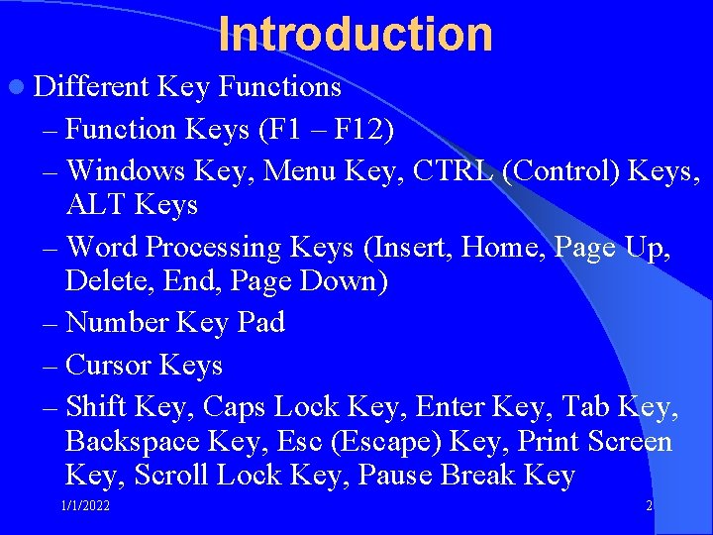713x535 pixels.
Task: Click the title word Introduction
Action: point(356,34)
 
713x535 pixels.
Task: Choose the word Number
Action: point(118,322)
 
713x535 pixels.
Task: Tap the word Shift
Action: point(95,406)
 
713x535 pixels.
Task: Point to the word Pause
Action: point(396,476)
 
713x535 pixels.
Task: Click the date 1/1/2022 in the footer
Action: point(84,506)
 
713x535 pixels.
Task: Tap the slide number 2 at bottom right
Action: point(649,506)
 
